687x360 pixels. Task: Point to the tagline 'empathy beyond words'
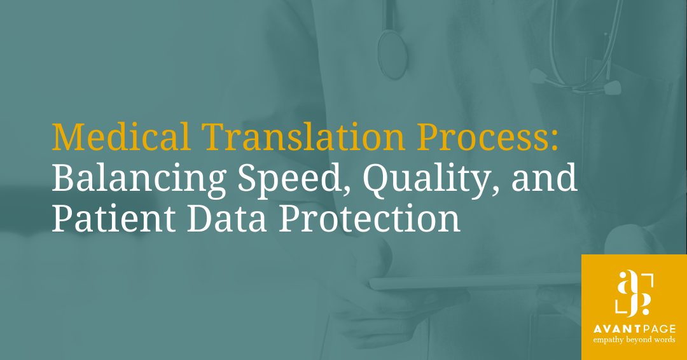tap(635, 341)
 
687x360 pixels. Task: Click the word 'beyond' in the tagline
tap(641, 341)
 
